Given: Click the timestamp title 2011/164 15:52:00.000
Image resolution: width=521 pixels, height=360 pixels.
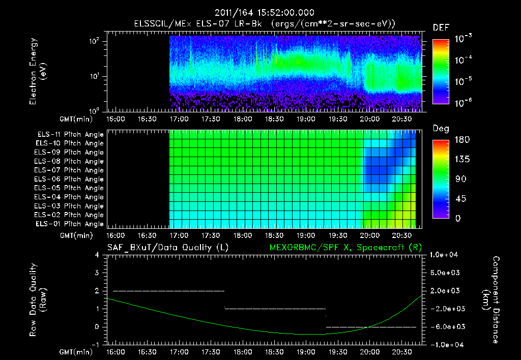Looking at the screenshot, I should coord(264,13).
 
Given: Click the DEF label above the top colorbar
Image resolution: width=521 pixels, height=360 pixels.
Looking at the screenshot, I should coord(441,27).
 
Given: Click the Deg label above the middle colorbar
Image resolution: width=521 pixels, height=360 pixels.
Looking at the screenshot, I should coord(441,129).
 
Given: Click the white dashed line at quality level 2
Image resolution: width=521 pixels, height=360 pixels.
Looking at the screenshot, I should coord(168,291).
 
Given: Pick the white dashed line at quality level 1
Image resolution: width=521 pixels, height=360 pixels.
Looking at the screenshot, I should coord(275,309).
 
